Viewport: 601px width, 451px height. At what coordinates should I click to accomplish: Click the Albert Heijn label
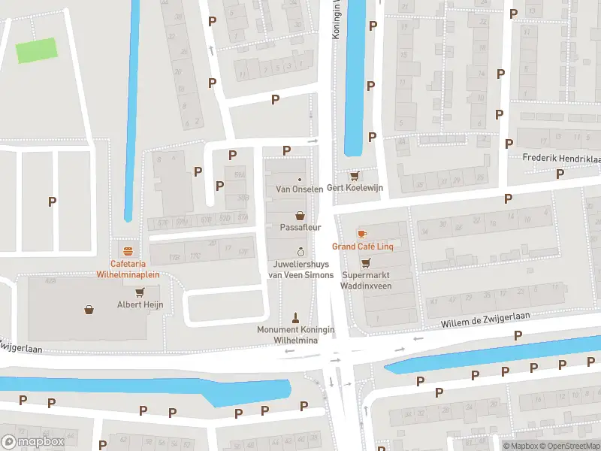click(x=140, y=304)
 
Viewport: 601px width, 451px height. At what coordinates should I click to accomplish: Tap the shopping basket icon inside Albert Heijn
click(x=89, y=309)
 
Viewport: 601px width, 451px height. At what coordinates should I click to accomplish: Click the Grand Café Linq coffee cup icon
click(x=362, y=234)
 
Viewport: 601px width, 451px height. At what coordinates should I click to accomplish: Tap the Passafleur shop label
click(x=300, y=226)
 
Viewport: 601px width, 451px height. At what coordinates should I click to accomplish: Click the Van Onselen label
click(x=300, y=189)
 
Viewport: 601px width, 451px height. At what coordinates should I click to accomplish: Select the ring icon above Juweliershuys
click(x=300, y=252)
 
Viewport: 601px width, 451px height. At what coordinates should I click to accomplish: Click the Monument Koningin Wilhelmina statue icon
click(x=295, y=317)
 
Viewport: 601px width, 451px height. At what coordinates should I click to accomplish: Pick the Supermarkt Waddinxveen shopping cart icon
click(x=366, y=263)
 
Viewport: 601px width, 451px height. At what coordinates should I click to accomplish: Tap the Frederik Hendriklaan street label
click(x=561, y=159)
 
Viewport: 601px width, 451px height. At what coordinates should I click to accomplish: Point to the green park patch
click(x=37, y=50)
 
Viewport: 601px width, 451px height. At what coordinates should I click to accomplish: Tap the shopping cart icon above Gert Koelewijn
click(x=355, y=176)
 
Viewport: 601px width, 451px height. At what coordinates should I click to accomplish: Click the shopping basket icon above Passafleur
click(x=300, y=214)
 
